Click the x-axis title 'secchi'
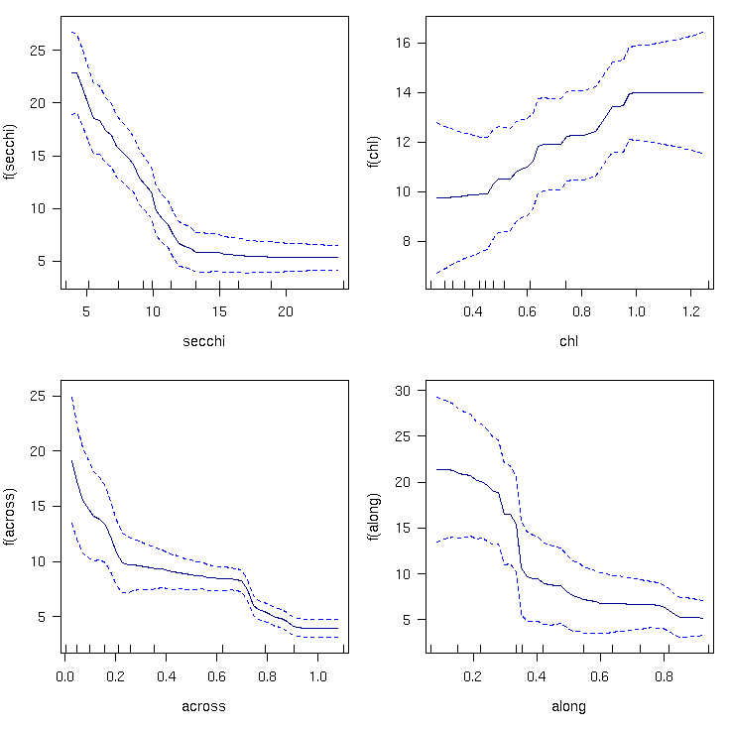(204, 341)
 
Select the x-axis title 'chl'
(568, 341)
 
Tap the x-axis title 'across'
(203, 706)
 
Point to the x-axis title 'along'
(568, 706)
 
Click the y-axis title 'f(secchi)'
(9, 152)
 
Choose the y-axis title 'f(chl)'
(374, 152)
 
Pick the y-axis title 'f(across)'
(9, 517)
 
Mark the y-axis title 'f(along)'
(374, 517)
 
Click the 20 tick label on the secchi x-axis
(286, 311)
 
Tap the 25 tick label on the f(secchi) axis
(38, 51)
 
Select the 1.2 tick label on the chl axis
(691, 311)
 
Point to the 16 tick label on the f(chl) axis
(403, 44)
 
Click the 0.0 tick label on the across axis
(64, 676)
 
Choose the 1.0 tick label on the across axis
(318, 676)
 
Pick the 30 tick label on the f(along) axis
(403, 391)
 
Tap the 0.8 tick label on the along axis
(664, 676)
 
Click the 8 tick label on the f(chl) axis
(407, 242)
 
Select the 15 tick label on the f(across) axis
(38, 507)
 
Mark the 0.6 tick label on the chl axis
(527, 311)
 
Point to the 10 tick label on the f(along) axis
(403, 574)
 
